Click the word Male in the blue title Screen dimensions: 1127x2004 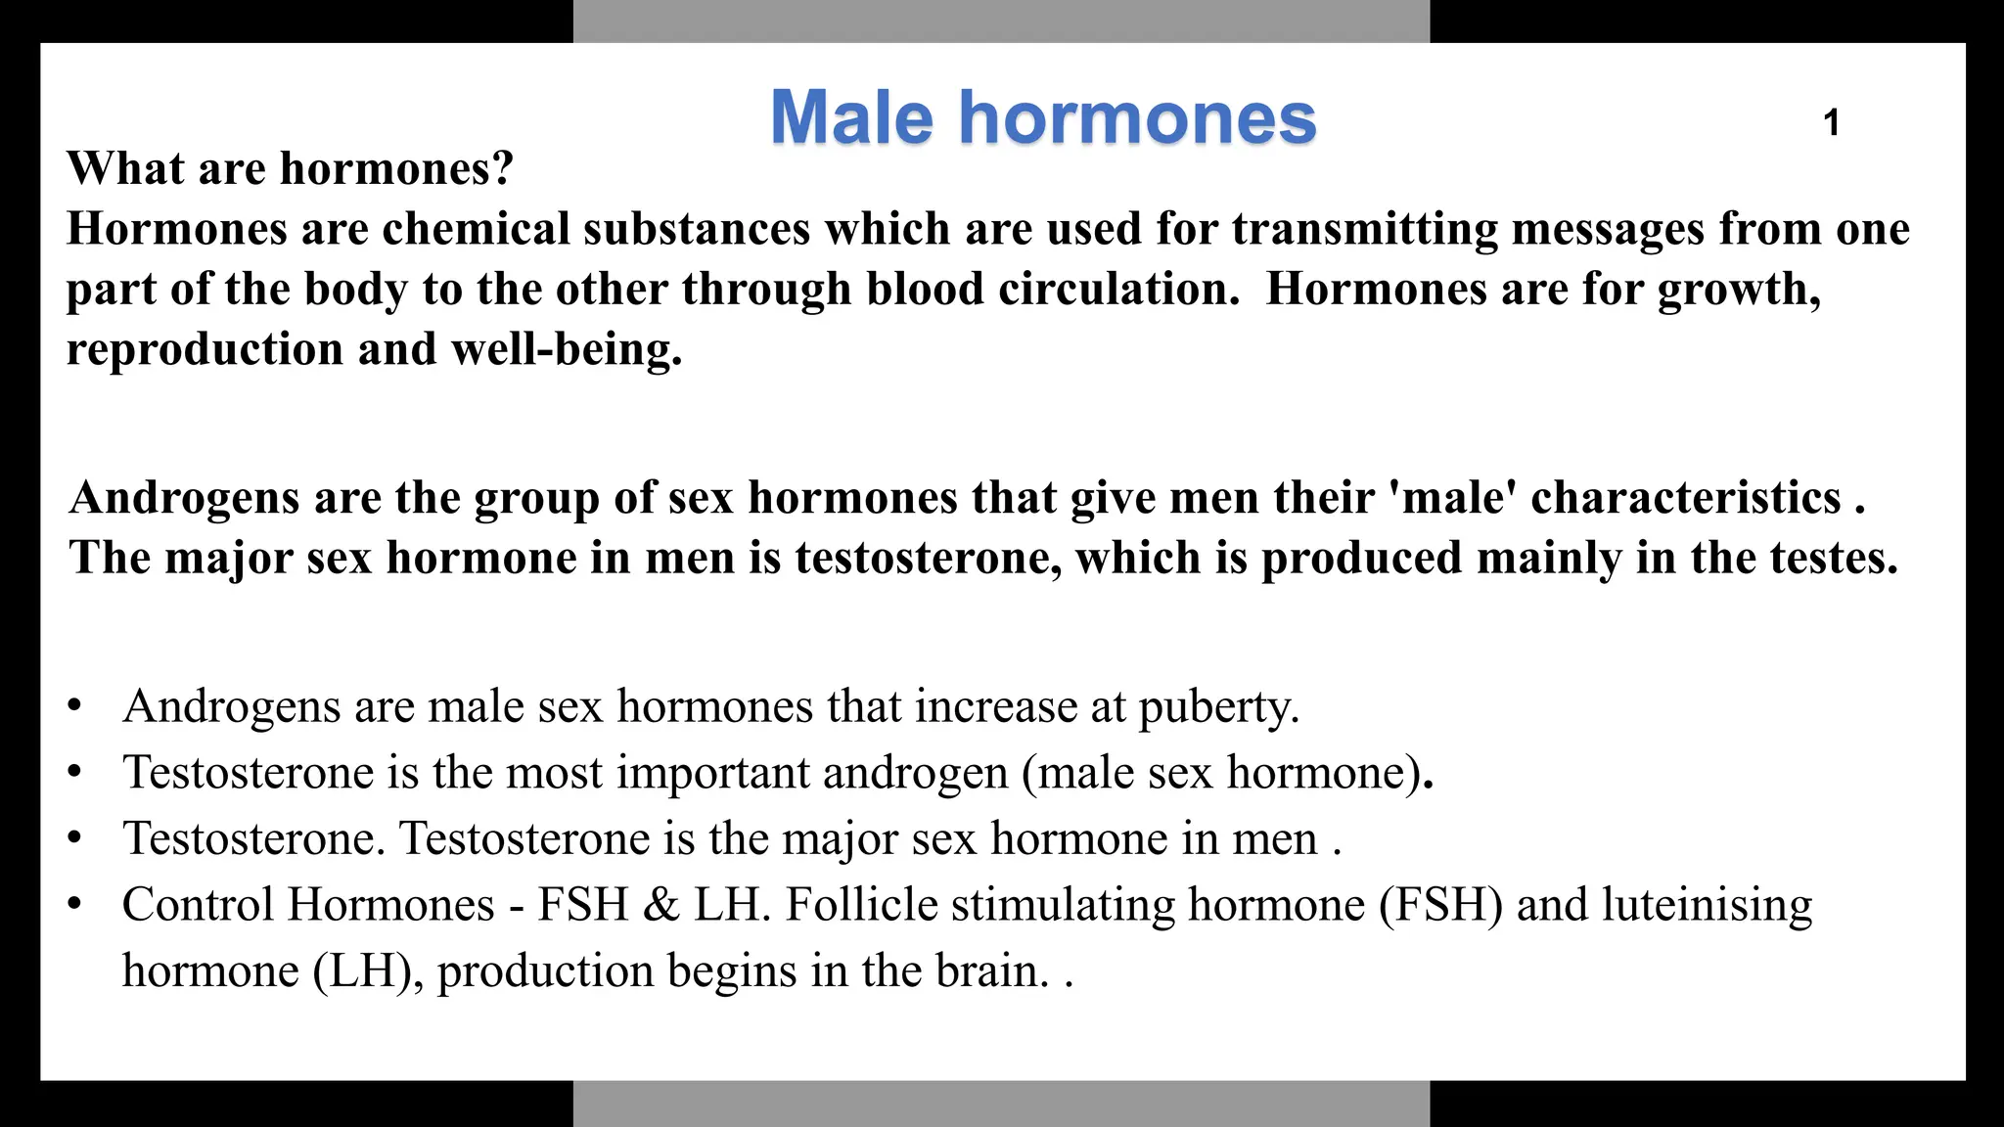(x=851, y=118)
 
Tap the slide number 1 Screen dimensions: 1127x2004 (x=1832, y=123)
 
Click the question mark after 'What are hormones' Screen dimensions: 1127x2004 (x=503, y=168)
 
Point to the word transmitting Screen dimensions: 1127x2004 (x=1364, y=229)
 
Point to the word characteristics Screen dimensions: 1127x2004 (x=1686, y=498)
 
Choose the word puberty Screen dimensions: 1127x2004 (x=1219, y=707)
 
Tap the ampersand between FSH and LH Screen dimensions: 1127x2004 (x=661, y=905)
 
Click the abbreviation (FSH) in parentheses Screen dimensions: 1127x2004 (x=1440, y=905)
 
